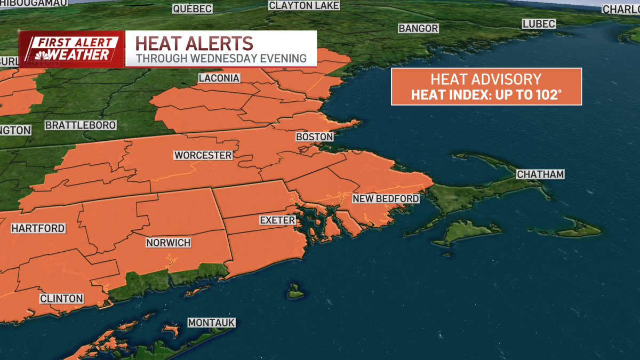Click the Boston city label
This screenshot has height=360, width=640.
[315, 137]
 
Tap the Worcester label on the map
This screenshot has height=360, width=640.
[203, 155]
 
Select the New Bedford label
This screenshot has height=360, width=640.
[386, 199]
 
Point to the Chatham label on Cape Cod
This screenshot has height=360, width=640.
[540, 174]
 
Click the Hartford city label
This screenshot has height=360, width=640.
[38, 228]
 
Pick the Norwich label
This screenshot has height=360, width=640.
[169, 243]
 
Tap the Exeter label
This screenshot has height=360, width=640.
[277, 220]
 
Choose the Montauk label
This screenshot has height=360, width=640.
[211, 323]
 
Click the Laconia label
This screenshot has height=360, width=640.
[219, 78]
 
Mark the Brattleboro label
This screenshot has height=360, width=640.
[81, 125]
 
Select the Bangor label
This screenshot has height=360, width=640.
[419, 28]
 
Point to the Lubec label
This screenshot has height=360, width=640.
[539, 23]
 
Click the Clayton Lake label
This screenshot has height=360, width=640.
[304, 5]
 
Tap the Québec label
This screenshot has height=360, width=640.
[192, 9]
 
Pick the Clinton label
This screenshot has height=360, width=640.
[62, 299]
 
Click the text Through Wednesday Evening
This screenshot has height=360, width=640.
[221, 58]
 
